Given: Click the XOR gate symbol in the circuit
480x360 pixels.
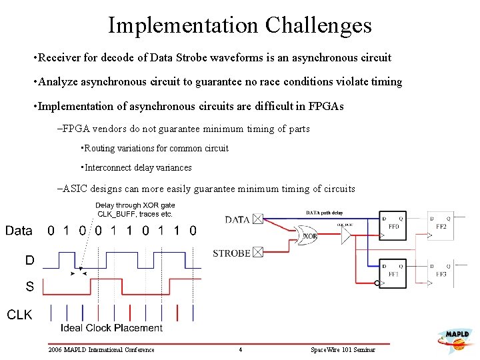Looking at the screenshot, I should click(x=309, y=236).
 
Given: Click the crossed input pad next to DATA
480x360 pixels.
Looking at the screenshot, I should click(x=259, y=219).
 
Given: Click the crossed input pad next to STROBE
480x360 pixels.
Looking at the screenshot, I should click(x=259, y=252).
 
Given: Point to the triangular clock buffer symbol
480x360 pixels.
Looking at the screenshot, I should click(x=345, y=235).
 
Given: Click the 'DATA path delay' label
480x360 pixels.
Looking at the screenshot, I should click(x=323, y=213).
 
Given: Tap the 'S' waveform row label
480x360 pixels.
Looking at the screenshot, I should click(x=29, y=287).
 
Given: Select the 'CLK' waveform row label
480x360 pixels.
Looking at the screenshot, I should click(x=19, y=314).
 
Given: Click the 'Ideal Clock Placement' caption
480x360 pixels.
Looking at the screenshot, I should click(x=111, y=327).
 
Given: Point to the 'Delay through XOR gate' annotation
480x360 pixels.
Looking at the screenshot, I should click(x=135, y=205).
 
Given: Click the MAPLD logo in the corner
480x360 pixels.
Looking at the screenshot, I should click(x=457, y=340).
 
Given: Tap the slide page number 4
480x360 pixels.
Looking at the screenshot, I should click(x=240, y=349).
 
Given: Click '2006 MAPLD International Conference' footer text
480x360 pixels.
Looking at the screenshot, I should click(x=101, y=349).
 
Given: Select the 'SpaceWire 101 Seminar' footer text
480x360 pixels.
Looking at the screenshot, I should click(x=343, y=349).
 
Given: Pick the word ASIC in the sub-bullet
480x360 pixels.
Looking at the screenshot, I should click(x=76, y=189).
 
